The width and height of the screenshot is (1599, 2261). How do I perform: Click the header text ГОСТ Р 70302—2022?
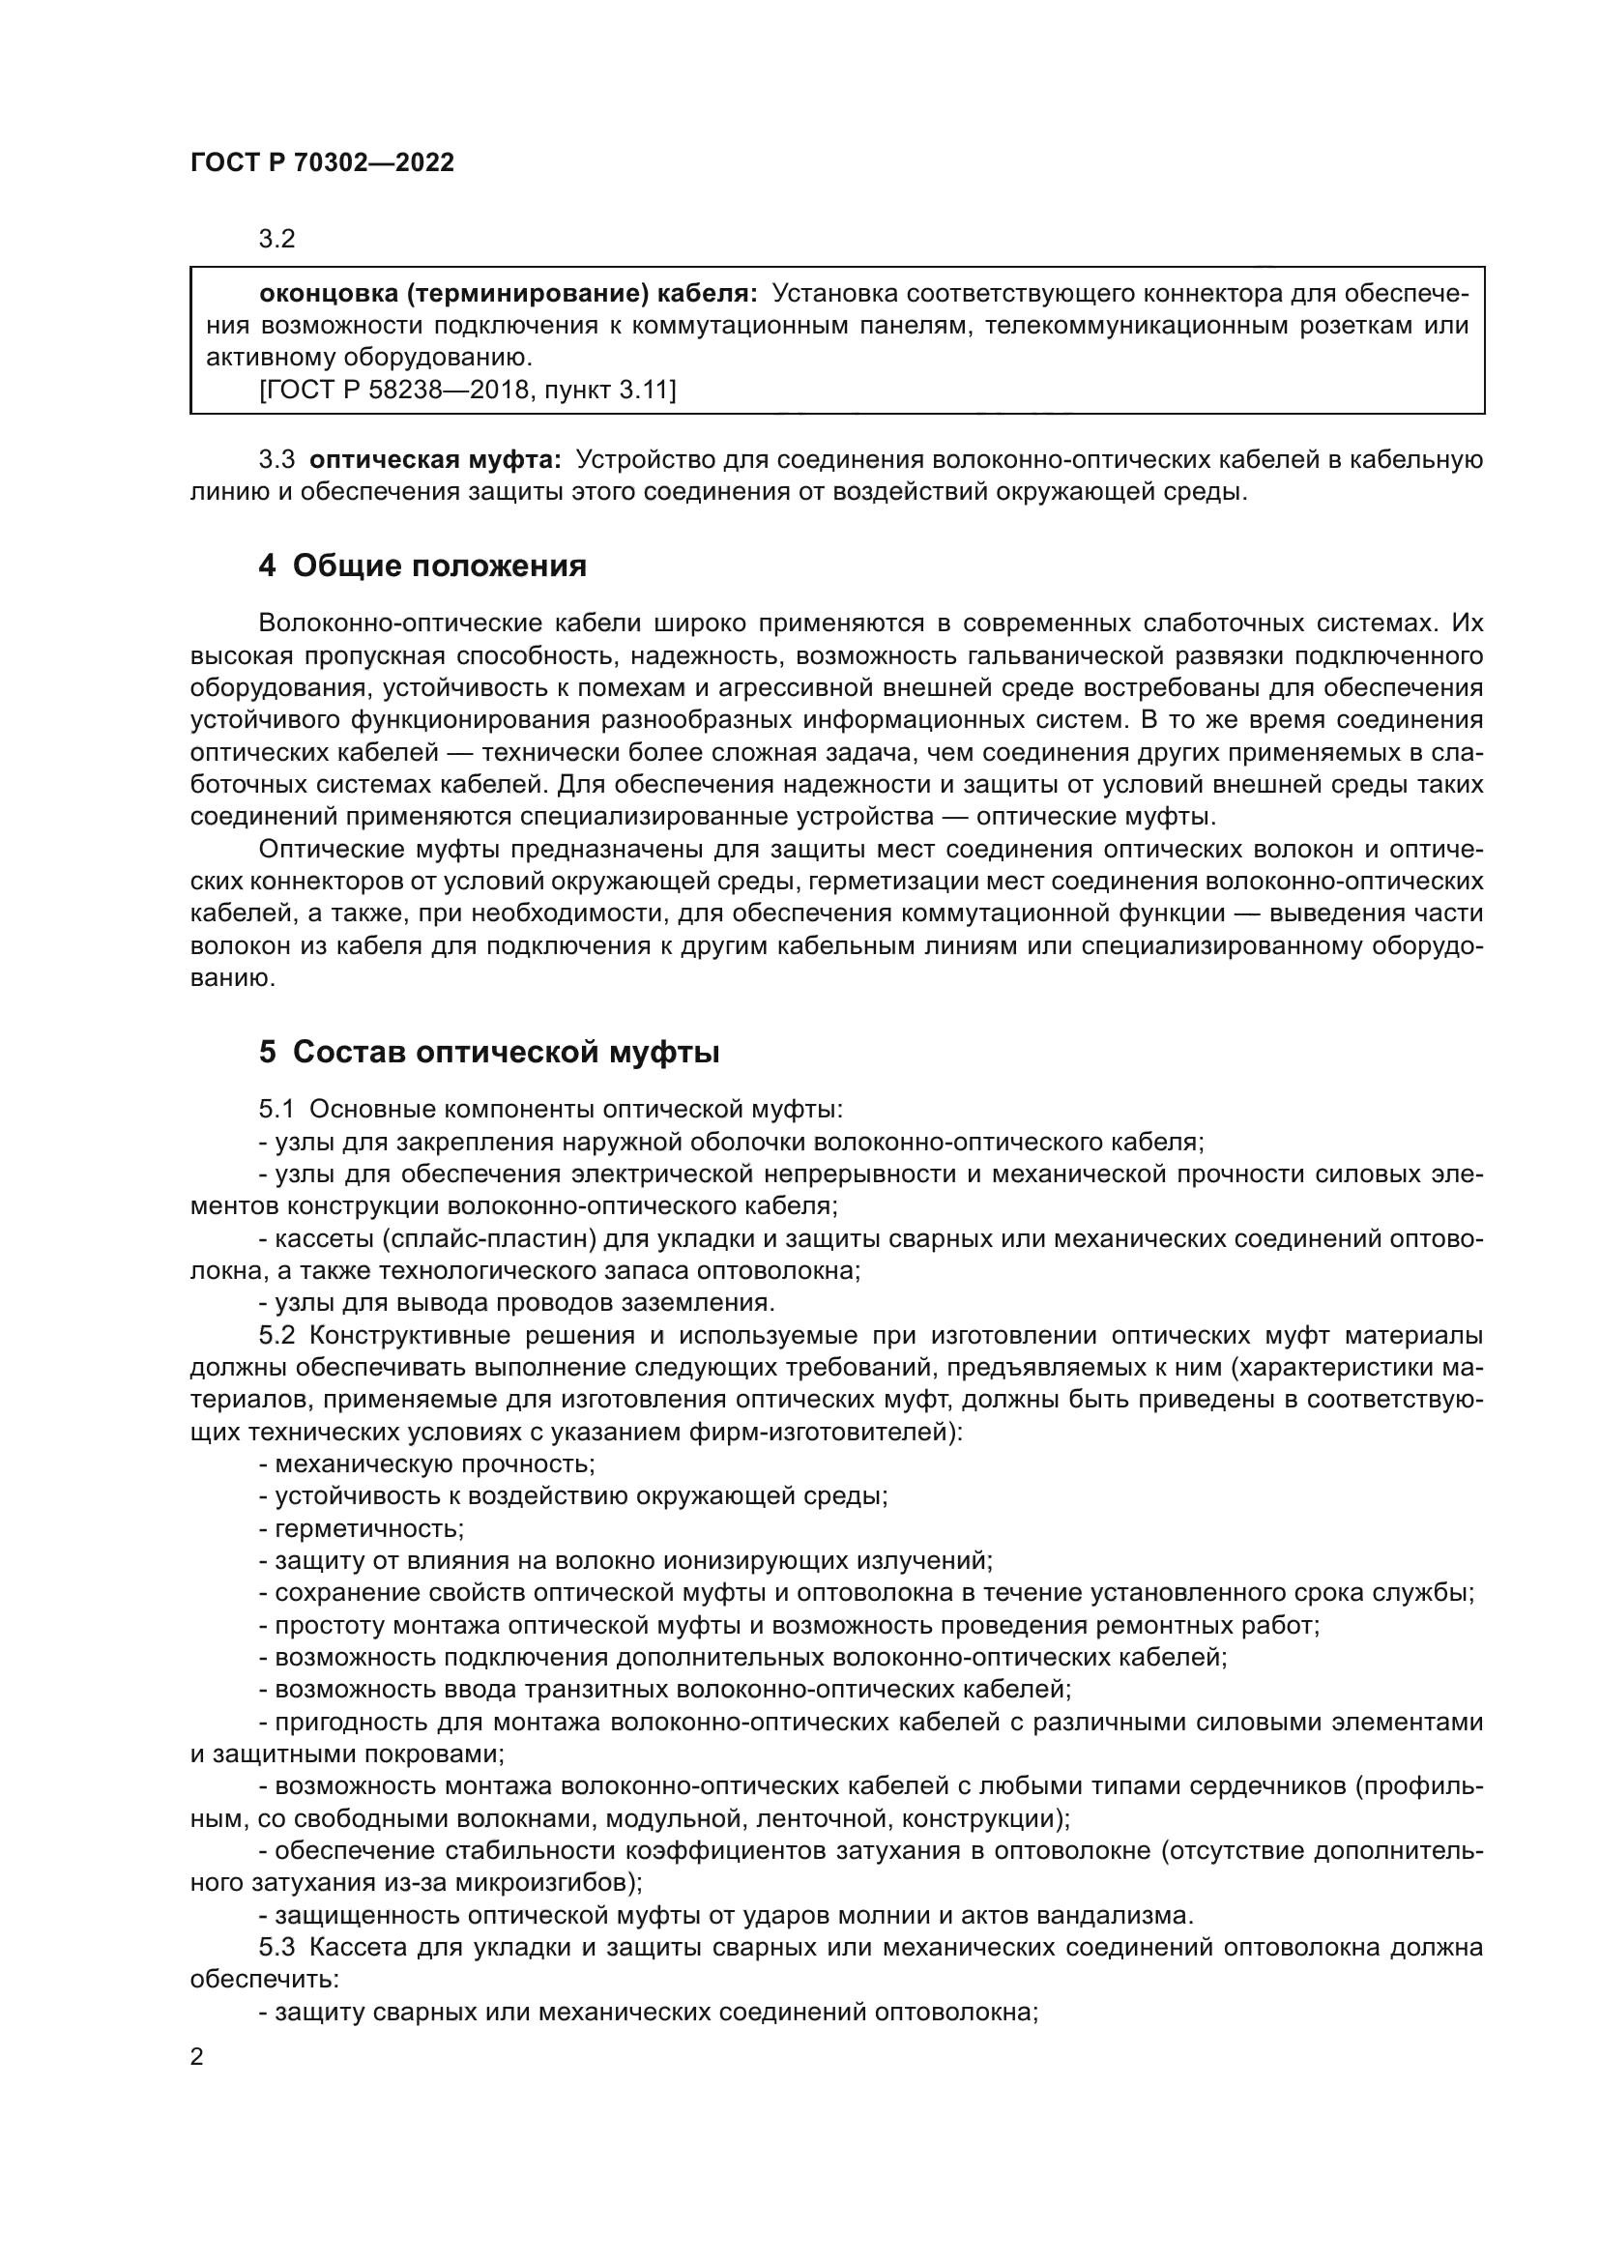click(x=322, y=163)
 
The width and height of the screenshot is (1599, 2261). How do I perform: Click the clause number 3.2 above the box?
click(x=276, y=240)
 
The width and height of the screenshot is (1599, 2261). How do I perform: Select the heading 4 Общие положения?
click(x=422, y=566)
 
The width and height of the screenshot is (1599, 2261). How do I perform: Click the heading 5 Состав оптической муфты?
click(x=489, y=1053)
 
